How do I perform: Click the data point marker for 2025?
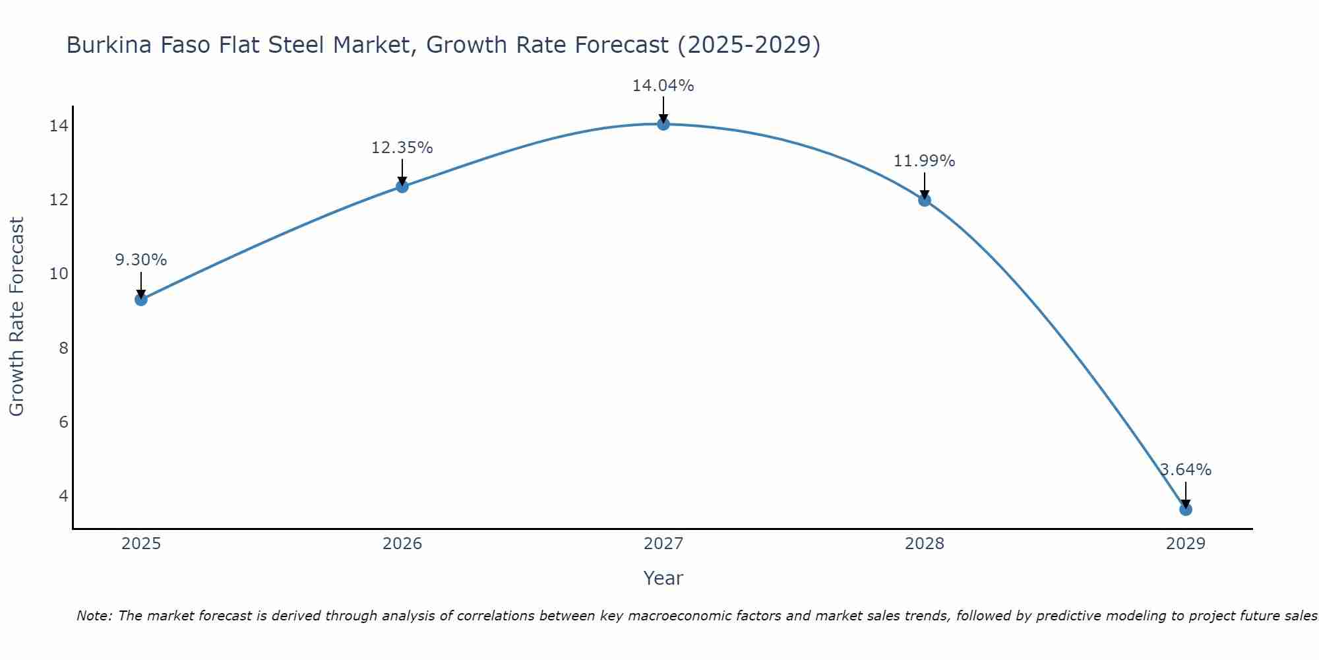140,300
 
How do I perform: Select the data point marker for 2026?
402,186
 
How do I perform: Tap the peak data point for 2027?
663,124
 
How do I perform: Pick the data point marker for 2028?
924,200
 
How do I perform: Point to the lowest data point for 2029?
1185,510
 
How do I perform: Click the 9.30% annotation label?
140,260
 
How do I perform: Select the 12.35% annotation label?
402,148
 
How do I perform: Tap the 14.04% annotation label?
663,86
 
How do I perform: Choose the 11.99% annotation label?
924,161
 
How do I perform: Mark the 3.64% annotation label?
1185,470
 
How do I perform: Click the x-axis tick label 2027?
663,544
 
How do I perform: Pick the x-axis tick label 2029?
1185,544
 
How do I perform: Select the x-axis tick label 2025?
140,544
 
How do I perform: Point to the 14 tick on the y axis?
59,125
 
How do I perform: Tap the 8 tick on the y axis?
63,348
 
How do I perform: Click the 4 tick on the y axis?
63,496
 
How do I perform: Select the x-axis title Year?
663,578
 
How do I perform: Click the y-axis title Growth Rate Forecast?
16,317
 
